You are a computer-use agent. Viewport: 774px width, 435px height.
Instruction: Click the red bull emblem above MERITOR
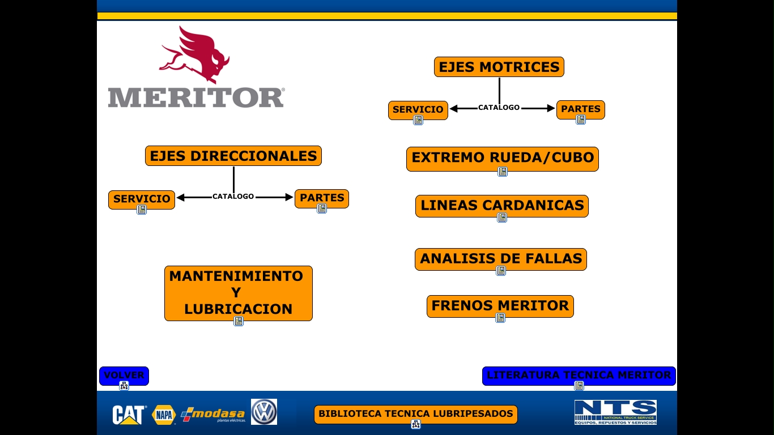point(195,56)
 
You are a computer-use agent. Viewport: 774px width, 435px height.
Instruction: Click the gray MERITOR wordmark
point(196,97)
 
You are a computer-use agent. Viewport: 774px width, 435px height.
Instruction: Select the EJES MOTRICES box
point(499,67)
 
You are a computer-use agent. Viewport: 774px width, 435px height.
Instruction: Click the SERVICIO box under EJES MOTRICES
point(418,109)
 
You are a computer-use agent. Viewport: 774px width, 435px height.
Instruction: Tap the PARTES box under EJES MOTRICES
point(581,109)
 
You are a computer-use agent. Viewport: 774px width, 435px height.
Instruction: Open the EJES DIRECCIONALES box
point(233,156)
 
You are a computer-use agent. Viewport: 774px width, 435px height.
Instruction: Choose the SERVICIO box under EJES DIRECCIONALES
point(142,199)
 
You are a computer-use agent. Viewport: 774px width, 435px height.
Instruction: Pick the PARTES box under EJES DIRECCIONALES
point(322,198)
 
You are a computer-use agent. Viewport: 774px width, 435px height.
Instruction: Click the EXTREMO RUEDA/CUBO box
point(503,158)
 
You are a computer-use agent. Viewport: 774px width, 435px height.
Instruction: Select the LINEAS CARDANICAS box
point(502,206)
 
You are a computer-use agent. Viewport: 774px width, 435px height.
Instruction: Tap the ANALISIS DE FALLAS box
point(501,259)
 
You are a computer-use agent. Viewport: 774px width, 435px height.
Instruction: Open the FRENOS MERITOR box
point(500,306)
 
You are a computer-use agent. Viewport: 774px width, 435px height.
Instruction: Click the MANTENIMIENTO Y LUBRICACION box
point(239,293)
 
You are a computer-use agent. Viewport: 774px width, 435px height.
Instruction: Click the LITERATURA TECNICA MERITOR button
point(579,376)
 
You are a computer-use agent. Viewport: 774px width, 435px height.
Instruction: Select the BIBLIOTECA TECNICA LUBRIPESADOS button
point(416,414)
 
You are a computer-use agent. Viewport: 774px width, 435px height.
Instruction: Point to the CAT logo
point(129,415)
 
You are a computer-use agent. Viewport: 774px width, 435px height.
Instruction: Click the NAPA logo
point(164,415)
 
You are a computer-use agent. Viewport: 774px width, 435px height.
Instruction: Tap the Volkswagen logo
point(264,412)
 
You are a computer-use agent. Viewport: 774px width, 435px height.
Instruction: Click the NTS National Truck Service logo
point(615,412)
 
